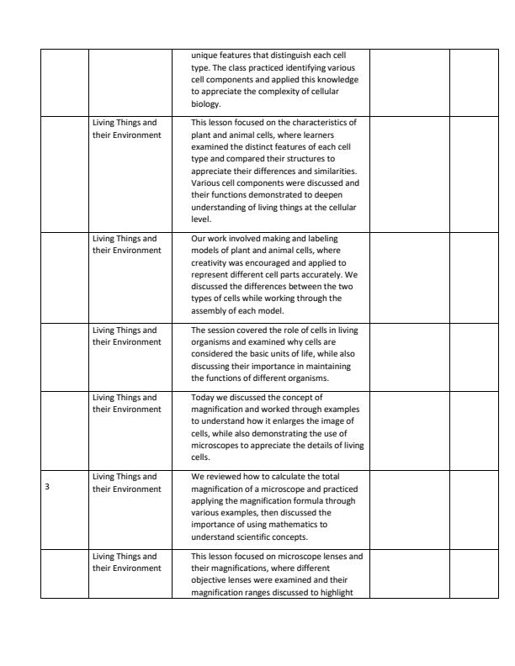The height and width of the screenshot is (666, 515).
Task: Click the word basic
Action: (x=258, y=354)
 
